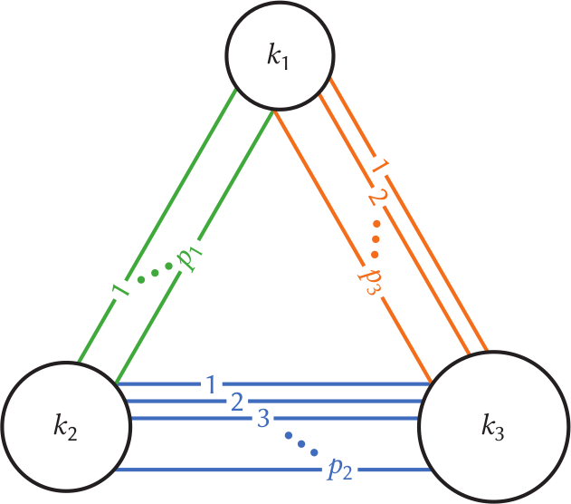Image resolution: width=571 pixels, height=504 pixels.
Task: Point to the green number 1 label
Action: pos(118,292)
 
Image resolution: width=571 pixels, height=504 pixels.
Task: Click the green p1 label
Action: pos(190,259)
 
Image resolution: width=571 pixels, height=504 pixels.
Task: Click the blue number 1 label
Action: pos(210,384)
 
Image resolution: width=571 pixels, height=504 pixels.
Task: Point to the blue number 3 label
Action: pos(262,418)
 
